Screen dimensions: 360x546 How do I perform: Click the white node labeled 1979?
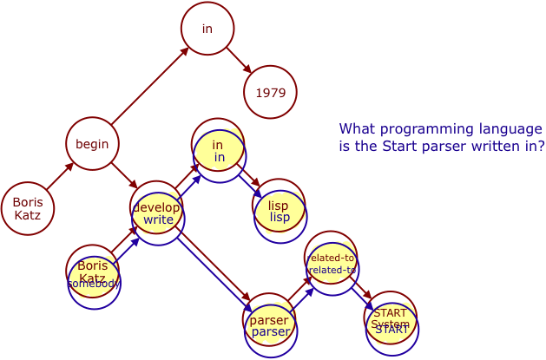pos(270,92)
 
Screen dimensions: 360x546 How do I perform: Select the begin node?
pos(92,144)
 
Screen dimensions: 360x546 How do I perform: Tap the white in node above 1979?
pos(207,29)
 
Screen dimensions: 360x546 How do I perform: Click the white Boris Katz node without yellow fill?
pos(28,209)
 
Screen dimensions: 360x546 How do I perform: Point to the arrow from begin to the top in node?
pos(149,86)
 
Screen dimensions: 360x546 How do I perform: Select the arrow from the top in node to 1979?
pos(238,60)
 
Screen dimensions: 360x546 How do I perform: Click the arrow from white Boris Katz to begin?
pos(60,177)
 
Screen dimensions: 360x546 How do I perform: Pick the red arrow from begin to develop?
pos(124,175)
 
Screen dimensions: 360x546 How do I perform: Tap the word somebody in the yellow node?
pos(94,284)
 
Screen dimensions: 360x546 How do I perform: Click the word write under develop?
pos(158,220)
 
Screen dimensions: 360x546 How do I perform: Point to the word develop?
pos(156,208)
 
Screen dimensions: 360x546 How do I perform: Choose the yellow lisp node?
pos(279,211)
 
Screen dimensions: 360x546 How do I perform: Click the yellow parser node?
pos(270,326)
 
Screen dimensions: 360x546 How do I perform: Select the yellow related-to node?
pos(332,264)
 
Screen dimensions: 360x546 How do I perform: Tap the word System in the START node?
pos(390,324)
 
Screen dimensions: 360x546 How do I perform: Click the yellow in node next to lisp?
pos(219,151)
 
